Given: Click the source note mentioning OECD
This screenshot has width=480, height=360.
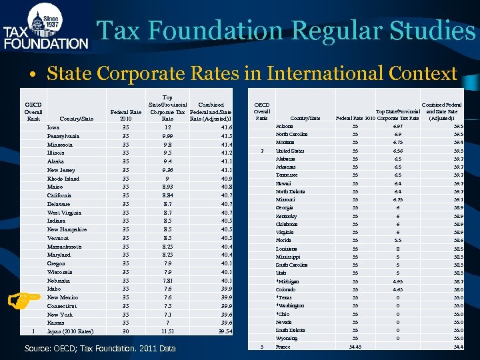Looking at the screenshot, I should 100,348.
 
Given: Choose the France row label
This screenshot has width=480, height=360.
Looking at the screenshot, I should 283,347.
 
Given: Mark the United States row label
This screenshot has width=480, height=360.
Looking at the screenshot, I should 290,151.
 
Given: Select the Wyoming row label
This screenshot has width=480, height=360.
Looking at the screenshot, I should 287,338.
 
